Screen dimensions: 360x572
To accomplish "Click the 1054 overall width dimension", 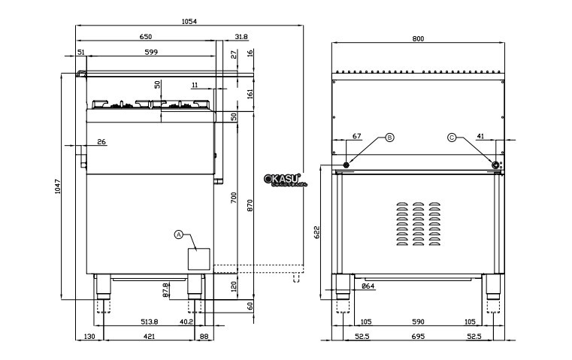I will click(x=189, y=22).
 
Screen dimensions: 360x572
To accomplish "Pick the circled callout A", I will click(x=179, y=234).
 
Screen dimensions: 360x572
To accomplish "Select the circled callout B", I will click(x=389, y=138).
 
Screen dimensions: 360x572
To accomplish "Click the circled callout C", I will click(x=452, y=138).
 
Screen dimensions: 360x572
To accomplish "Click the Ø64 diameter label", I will click(x=368, y=286).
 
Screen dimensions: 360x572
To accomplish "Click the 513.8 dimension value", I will click(x=148, y=321).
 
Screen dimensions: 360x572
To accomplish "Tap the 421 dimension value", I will click(x=149, y=337).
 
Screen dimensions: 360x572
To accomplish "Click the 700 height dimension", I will click(x=234, y=199).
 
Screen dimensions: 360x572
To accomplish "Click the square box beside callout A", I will click(x=199, y=258).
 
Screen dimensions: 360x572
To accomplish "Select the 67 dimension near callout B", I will click(x=357, y=136).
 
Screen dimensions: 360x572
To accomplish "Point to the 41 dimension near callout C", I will click(x=480, y=136).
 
